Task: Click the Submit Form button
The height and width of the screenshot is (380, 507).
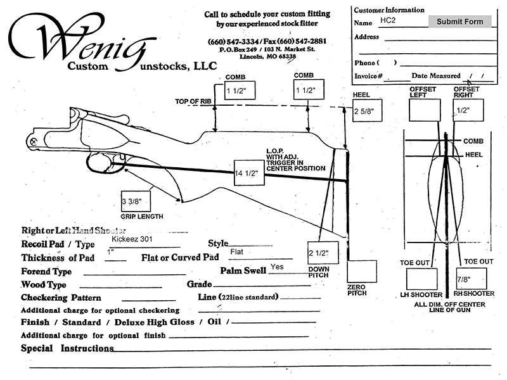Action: pos(460,22)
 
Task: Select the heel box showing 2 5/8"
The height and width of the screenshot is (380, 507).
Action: pos(368,110)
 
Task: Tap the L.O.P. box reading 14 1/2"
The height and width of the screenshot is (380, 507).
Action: pos(249,173)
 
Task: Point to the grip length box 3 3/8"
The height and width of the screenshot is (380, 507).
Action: pos(136,201)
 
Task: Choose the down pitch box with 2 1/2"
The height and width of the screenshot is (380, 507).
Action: pos(323,253)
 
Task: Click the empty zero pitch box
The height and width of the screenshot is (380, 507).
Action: pos(362,271)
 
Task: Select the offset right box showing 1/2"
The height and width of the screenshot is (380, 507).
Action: pos(468,110)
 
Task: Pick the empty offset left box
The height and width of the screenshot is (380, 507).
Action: pos(425,110)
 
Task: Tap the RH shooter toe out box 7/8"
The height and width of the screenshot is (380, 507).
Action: pos(472,279)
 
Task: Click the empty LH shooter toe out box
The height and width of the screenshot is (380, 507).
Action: pos(421,279)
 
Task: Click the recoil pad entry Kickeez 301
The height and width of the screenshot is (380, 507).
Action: pos(132,239)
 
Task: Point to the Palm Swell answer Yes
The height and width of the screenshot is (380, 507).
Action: pos(277,267)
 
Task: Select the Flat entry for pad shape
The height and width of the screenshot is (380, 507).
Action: pos(236,251)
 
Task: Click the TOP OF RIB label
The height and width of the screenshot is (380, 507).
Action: pos(193,101)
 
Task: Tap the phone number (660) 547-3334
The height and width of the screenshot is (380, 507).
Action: pos(233,42)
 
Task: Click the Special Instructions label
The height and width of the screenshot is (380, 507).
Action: pos(67,348)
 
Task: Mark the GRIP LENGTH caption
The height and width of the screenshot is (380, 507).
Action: pos(142,217)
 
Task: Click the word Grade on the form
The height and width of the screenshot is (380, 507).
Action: pos(199,284)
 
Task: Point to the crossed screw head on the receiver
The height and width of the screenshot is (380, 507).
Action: pos(33,141)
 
